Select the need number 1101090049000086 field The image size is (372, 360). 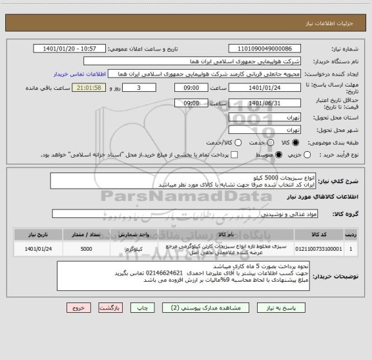(x=265, y=48)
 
